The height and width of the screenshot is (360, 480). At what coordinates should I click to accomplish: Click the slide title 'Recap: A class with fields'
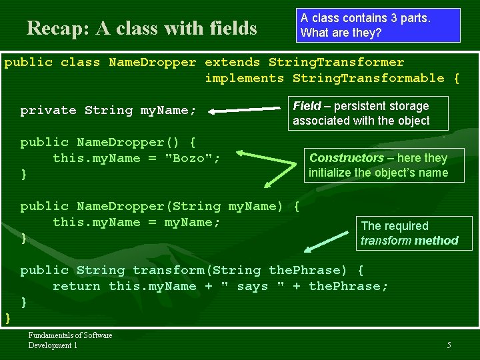pos(141,28)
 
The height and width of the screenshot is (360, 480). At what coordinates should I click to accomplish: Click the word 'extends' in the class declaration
pos(232,62)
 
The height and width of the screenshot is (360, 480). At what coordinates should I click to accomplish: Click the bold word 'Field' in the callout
pos(307,106)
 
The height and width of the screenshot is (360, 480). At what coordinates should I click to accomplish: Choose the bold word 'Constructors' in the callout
pos(346,158)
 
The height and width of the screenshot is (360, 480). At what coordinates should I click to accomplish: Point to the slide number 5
pos(449,345)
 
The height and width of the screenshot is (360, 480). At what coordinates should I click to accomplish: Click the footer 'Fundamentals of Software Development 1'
pos(70,340)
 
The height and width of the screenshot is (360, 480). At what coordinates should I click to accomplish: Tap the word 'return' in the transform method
pos(76,286)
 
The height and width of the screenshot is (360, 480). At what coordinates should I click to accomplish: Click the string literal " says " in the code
pos(253,286)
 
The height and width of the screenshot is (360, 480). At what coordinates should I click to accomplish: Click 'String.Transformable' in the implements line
pos(368,78)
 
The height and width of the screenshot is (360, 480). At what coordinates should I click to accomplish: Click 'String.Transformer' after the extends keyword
pos(336,62)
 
